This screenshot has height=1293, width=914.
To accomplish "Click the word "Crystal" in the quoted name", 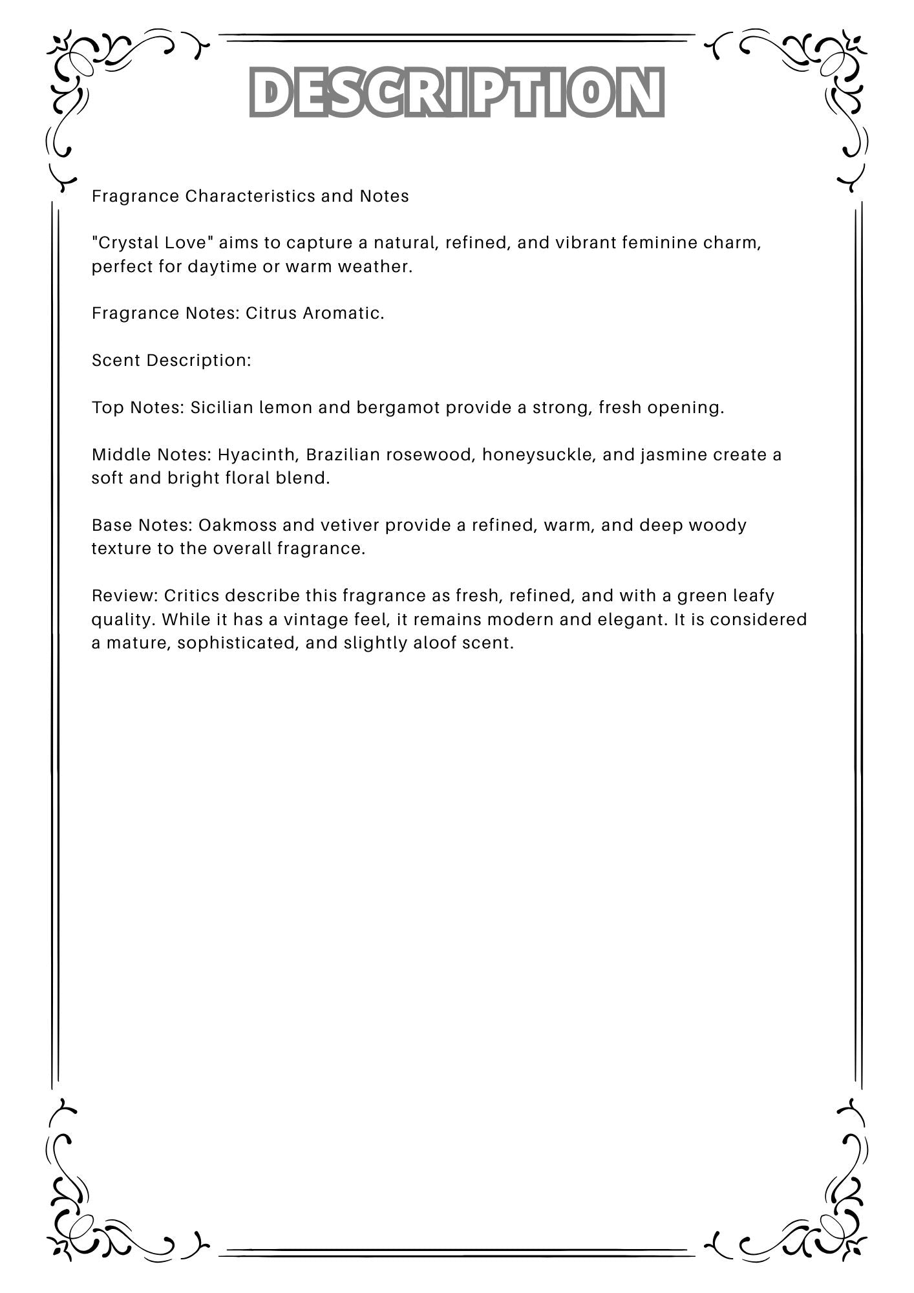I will [x=126, y=243].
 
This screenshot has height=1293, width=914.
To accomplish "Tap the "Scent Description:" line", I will [x=171, y=361].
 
